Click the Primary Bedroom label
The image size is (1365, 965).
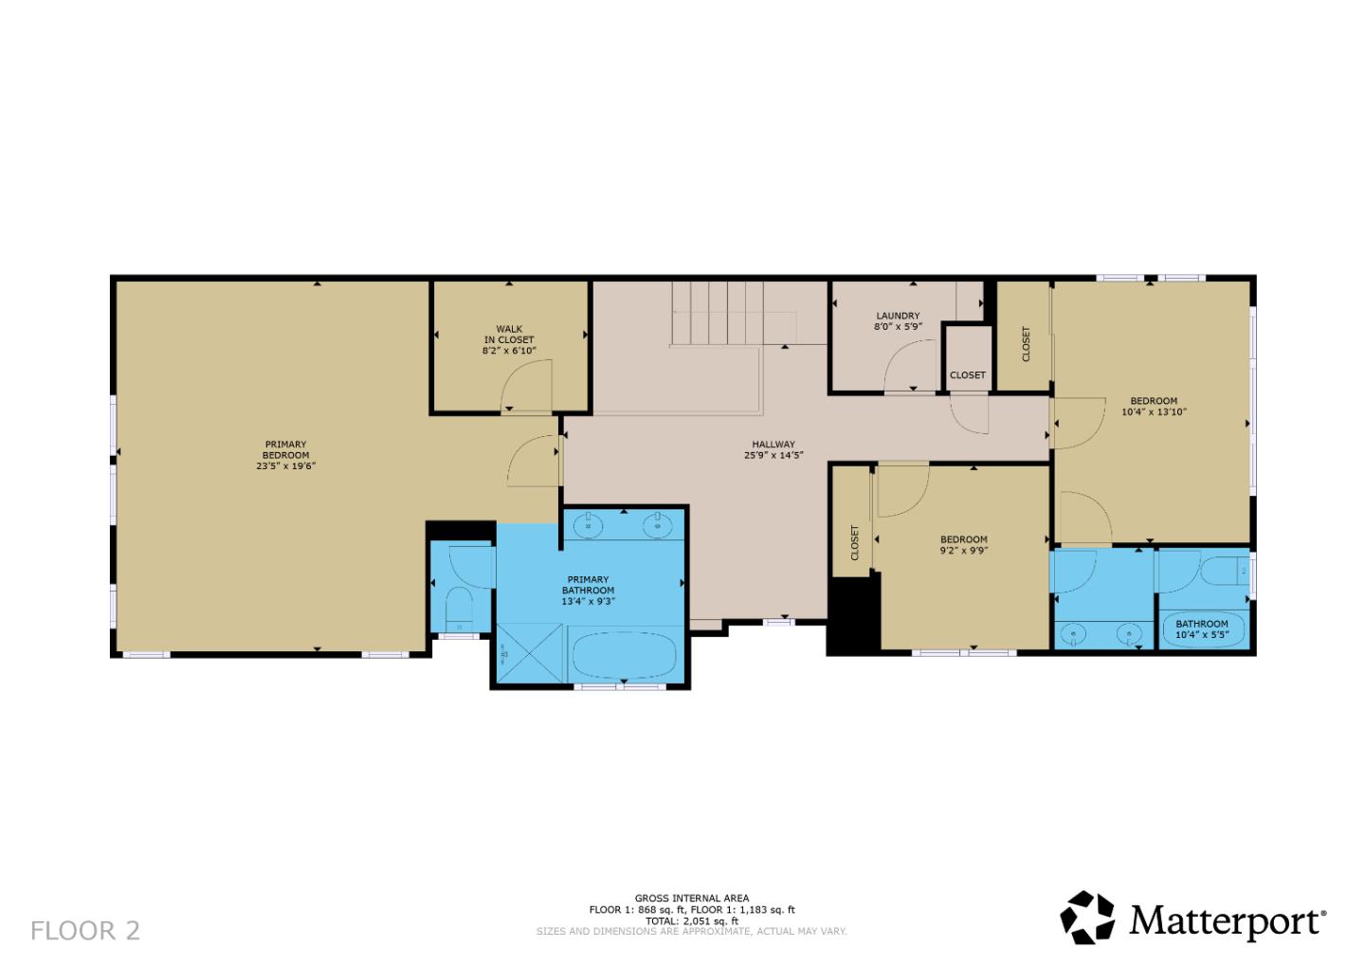point(285,449)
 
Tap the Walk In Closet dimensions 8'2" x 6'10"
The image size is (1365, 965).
point(509,351)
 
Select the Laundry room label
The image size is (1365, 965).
point(898,316)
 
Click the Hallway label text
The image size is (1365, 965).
point(773,444)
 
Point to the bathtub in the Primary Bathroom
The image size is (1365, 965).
point(624,655)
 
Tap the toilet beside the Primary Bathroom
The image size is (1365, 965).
point(460,608)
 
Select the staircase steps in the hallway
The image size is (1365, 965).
point(718,313)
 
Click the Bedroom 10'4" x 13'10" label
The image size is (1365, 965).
point(1154,401)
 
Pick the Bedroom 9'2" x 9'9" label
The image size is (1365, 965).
point(964,539)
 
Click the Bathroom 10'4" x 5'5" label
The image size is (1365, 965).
point(1202,624)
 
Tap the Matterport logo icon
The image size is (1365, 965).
point(1087,918)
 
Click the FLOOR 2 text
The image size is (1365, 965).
point(85,931)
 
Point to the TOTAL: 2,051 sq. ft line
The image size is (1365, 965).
point(691,920)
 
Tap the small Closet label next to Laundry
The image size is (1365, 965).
point(968,374)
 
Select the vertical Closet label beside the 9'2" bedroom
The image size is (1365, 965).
point(854,543)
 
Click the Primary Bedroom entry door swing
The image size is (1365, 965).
point(533,463)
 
